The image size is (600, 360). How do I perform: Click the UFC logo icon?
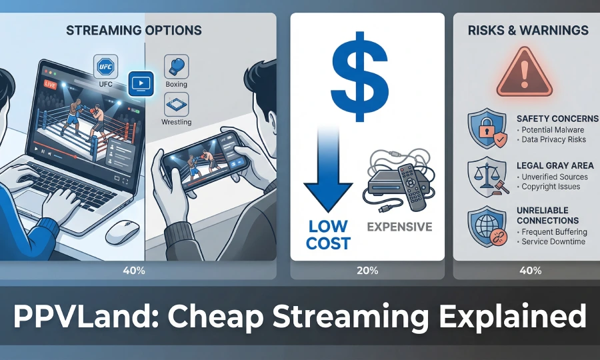(x=107, y=67)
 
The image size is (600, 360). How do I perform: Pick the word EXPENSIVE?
(x=399, y=226)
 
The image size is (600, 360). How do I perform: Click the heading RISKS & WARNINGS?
(x=527, y=30)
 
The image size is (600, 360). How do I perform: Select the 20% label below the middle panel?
(x=367, y=271)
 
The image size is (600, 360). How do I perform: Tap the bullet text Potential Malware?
(x=552, y=129)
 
